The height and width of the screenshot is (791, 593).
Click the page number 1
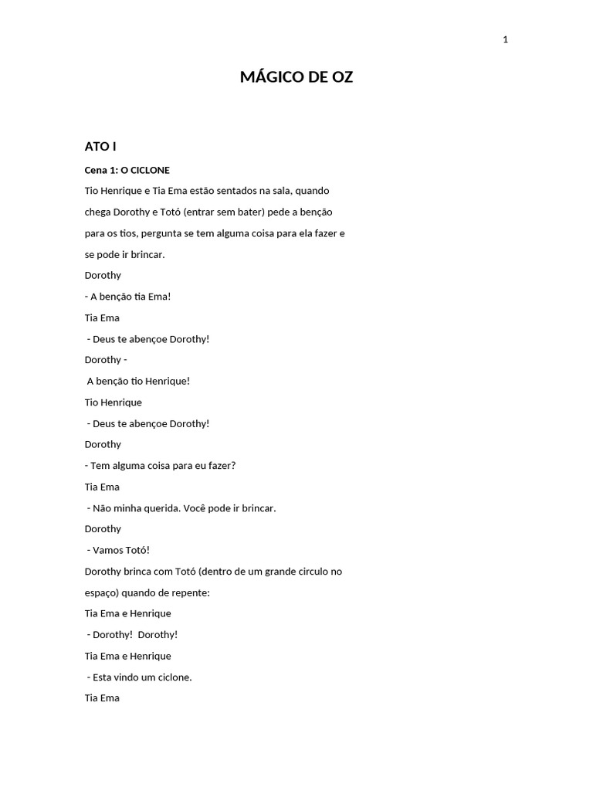505,40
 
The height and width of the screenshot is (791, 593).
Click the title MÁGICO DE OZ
296,77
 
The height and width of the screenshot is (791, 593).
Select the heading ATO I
100,146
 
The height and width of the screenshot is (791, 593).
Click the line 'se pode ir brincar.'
124,254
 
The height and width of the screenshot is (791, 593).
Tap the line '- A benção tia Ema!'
127,297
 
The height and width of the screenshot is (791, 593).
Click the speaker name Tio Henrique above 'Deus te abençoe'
113,402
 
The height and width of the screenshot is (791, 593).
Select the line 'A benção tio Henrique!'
138,381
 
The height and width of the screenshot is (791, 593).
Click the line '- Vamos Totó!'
118,550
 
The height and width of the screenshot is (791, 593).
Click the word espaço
102,592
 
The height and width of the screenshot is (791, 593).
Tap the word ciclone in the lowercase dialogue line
174,677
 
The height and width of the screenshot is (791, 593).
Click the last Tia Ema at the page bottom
102,698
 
